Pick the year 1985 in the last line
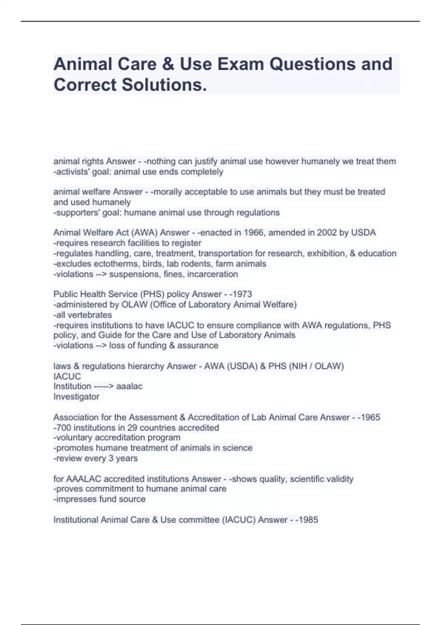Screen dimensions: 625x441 point(308,520)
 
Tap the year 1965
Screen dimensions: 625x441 point(370,417)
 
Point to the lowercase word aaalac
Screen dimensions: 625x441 point(129,386)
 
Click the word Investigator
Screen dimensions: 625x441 point(76,397)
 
